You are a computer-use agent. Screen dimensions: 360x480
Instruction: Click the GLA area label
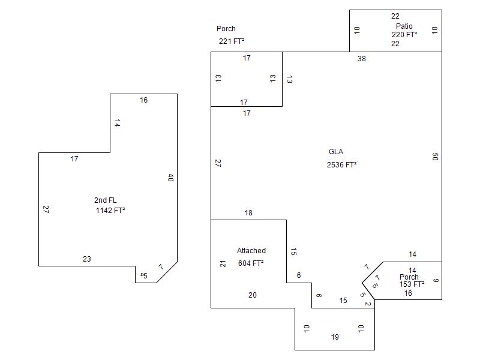(336, 152)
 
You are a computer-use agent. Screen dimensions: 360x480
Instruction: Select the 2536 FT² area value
(341, 165)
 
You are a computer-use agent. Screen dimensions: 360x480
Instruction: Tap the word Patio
(404, 26)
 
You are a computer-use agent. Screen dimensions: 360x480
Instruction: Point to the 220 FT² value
(404, 35)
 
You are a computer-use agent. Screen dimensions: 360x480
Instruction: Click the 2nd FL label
(105, 200)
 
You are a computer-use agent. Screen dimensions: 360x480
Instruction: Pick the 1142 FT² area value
(110, 211)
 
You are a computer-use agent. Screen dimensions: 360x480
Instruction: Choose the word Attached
(251, 251)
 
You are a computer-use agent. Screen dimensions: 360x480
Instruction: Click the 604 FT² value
(250, 263)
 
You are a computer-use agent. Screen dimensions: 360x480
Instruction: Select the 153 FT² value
(412, 284)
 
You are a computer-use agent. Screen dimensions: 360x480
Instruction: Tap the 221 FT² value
(231, 41)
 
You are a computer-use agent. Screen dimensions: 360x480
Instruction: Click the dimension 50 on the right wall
(435, 157)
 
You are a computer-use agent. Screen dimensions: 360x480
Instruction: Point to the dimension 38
(361, 59)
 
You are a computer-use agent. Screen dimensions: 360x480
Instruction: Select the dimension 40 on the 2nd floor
(170, 178)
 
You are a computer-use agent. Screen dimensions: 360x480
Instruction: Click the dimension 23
(87, 259)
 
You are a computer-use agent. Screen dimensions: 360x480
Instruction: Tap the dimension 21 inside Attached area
(223, 263)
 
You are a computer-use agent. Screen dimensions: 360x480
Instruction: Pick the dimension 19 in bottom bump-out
(335, 337)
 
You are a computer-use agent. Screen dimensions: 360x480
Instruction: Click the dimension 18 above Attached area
(248, 213)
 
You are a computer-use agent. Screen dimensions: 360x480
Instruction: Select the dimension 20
(253, 295)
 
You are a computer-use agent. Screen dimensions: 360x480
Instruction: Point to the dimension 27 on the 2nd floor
(46, 209)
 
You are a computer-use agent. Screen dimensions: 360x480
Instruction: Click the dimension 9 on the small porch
(436, 280)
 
